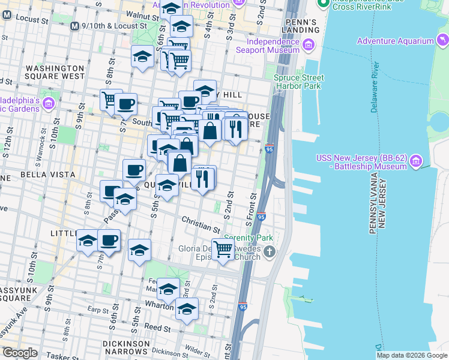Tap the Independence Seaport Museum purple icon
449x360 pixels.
coord(309,45)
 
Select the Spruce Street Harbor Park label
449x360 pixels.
coord(298,82)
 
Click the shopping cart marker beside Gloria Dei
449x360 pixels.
coord(223,248)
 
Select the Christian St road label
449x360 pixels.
coord(199,225)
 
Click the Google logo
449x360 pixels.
coord(20,353)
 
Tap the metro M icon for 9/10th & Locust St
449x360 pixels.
coord(75,26)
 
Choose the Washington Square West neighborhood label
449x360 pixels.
coord(55,72)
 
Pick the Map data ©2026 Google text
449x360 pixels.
coord(411,355)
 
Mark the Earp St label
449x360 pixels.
coord(97,310)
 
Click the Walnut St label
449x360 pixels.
coord(139,13)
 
